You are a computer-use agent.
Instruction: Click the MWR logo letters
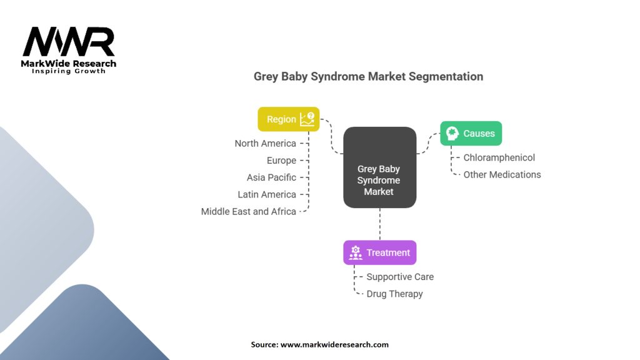coord(69,42)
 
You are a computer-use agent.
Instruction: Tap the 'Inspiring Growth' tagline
coord(69,71)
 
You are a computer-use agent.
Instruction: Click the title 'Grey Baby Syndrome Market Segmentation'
coord(368,76)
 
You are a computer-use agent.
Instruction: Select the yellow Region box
coord(288,119)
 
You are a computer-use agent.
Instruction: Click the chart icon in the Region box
coord(307,119)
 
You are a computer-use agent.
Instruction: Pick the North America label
coord(265,144)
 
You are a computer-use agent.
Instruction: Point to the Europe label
coord(281,161)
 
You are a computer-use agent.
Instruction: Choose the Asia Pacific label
coord(271,177)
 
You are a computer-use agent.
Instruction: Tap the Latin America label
coord(267,194)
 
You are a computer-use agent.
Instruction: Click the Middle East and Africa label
coord(248,211)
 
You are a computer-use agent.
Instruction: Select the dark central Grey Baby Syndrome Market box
coord(379,167)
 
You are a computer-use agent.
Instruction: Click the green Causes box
coord(471,133)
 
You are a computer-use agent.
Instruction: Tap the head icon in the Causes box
coord(452,133)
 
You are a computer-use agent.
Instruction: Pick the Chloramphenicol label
coord(499,157)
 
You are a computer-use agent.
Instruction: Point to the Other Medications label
coord(502,174)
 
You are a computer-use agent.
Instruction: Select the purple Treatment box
coord(379,252)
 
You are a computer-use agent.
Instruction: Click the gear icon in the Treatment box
coord(356,252)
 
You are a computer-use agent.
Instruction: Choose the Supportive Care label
coord(400,277)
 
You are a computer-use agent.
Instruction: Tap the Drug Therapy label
coord(394,294)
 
